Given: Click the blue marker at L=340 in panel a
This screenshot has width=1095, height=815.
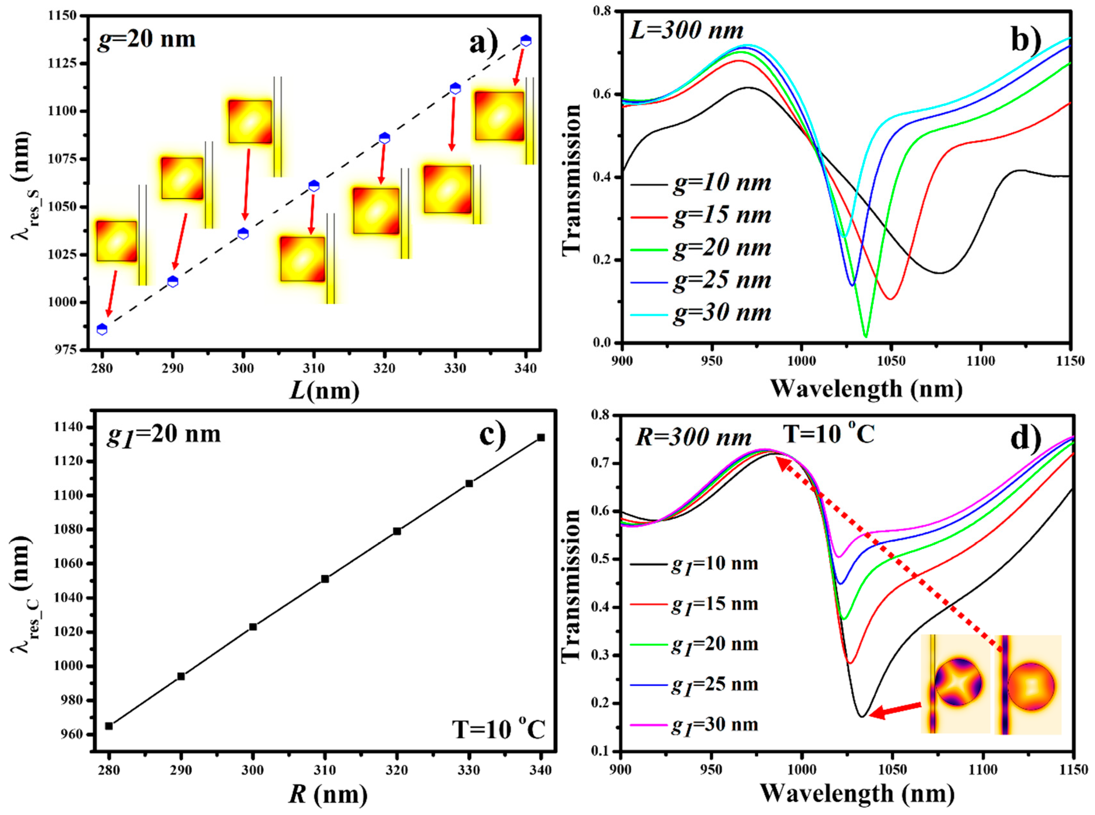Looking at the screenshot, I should click(x=526, y=41).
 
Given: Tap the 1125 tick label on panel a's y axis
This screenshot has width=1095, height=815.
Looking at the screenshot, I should click(x=63, y=64).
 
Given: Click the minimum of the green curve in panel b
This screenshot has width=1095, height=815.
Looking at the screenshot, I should click(x=866, y=336).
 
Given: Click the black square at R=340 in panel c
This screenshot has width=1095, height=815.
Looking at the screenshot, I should click(x=541, y=437).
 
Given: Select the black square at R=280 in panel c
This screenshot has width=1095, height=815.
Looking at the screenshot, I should click(x=109, y=726).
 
